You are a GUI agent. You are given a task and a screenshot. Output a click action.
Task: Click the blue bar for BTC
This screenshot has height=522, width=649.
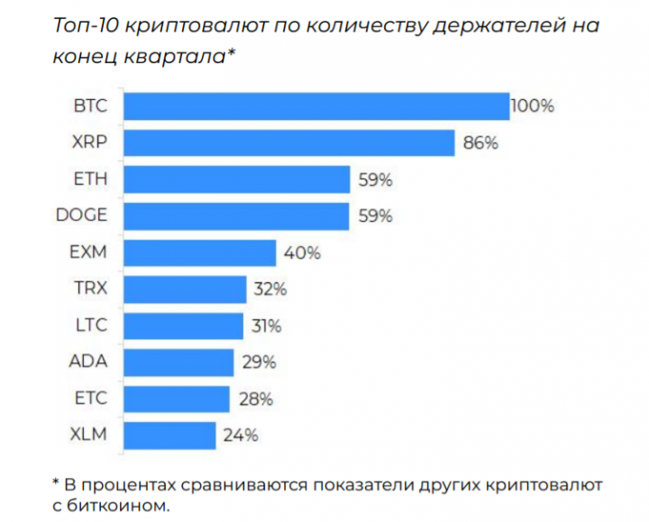tap(315, 106)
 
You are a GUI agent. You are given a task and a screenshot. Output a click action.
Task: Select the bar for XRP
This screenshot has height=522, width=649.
tap(288, 143)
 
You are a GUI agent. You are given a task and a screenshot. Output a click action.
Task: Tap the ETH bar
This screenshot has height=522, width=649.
tap(236, 179)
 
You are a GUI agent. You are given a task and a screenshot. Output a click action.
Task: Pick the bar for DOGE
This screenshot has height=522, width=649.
tap(236, 216)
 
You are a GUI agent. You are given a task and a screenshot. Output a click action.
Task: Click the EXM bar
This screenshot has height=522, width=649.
tap(199, 253)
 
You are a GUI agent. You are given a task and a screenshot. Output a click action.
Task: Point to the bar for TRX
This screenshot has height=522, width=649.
tap(185, 289)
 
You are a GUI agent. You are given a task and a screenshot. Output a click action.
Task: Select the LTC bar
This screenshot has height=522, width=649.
tap(183, 325)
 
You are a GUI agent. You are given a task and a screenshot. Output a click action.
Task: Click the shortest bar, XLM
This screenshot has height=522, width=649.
tap(169, 435)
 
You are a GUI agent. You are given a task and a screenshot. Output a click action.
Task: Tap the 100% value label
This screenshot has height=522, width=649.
tap(533, 106)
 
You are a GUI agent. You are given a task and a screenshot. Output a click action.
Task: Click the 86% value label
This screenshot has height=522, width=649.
tap(480, 143)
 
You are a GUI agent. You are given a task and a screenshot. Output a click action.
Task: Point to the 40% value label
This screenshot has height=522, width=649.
tap(302, 253)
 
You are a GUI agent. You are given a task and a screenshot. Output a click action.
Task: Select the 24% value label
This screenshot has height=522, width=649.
tap(241, 435)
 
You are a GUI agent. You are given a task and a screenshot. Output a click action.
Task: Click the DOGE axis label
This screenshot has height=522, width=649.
tap(81, 216)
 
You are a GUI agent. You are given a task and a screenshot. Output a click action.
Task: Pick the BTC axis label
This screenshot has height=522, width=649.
tap(89, 106)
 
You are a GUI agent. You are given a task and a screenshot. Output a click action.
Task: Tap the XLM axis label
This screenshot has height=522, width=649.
tap(88, 435)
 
